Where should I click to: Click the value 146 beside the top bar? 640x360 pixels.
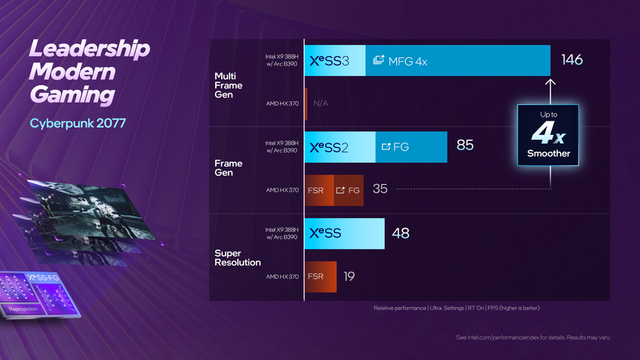pos(572,60)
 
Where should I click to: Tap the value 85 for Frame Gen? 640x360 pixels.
pos(465,146)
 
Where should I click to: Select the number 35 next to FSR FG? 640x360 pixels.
pos(380,189)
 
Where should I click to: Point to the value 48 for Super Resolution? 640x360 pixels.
pos(400,233)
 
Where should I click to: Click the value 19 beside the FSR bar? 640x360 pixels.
pos(349,276)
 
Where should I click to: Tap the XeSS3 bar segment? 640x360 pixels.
pos(335,61)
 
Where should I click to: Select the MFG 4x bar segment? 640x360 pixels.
pos(457,61)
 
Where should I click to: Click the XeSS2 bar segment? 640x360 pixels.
pos(340,146)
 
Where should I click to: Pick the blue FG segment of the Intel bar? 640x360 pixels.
pos(411,146)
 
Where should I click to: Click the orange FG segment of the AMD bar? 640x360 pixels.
pos(348,190)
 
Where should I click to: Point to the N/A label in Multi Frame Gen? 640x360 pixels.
pos(320,103)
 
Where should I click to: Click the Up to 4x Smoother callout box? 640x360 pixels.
pos(548,135)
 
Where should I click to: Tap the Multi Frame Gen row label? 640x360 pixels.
pos(230,85)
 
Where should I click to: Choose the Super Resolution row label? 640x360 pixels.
pos(238,257)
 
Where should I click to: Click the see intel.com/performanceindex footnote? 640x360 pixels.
pos(533,337)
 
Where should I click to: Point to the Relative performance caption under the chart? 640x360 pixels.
pos(457,308)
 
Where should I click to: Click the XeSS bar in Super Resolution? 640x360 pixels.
pos(344,233)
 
